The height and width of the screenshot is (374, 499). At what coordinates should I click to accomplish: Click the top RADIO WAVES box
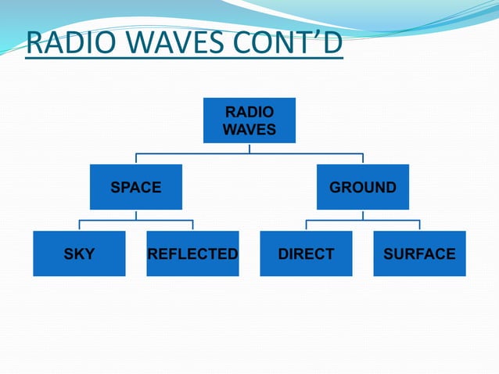coord(249,120)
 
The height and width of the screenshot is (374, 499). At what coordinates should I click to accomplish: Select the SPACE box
coord(135,187)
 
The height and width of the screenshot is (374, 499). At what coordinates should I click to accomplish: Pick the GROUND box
coord(362,187)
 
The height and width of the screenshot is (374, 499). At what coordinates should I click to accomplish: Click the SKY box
coord(79,254)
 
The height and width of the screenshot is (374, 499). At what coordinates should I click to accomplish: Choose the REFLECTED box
coord(192,254)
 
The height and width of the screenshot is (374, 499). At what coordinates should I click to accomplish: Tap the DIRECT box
coord(306,254)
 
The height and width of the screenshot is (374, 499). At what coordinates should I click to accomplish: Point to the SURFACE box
coord(419,254)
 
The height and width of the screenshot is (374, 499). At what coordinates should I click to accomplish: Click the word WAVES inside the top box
coord(249,129)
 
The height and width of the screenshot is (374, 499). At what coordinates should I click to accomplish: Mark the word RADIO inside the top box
coord(249,113)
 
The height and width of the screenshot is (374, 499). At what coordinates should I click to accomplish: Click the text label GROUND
coord(362,188)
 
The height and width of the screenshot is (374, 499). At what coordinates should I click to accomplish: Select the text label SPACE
coord(135,188)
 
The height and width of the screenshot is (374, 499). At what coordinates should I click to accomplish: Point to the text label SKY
coord(79,254)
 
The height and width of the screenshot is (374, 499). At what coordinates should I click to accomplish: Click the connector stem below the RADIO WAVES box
coord(249,147)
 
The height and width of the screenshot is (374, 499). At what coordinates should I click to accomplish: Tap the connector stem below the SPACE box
coord(135,214)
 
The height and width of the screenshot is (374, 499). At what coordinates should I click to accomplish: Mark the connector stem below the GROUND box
coord(362,214)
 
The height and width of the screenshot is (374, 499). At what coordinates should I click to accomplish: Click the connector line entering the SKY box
coord(79,225)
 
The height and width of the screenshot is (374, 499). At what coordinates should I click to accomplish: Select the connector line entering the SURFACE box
coord(419,225)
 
